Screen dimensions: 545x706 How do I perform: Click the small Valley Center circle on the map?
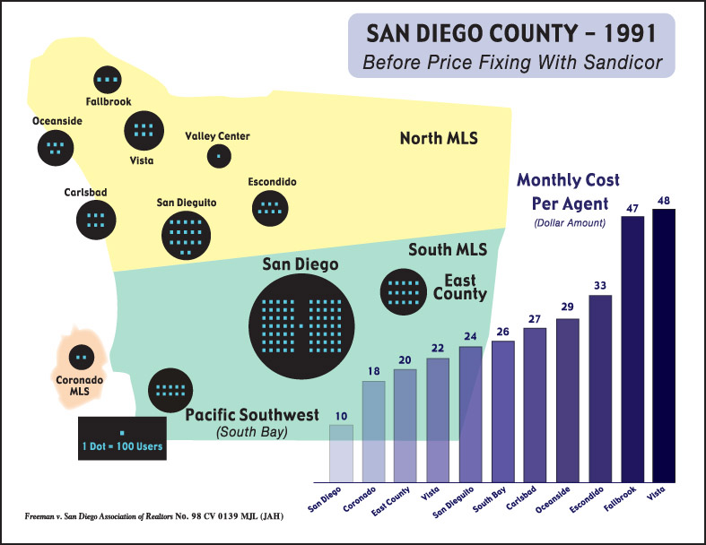[218, 156]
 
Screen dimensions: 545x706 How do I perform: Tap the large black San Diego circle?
[301, 324]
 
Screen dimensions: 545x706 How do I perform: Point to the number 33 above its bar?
[599, 286]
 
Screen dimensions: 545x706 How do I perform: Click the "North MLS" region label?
[439, 138]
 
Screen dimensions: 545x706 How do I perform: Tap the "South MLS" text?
[441, 249]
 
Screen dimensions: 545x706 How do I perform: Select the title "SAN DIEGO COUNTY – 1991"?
[510, 35]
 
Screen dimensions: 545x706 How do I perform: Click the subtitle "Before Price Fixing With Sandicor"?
[510, 64]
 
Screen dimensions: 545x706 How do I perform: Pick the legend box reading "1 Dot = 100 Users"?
[121, 439]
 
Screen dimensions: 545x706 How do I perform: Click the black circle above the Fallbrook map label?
[109, 80]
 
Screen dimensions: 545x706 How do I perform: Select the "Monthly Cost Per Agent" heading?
[568, 192]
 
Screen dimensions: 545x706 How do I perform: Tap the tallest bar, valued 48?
[664, 345]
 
